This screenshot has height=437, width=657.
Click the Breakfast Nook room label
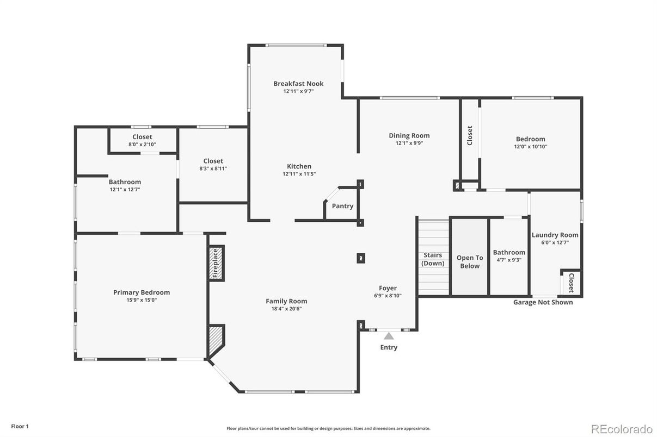click(298, 84)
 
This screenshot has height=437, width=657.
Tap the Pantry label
click(342, 206)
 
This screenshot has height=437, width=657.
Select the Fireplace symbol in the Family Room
click(216, 263)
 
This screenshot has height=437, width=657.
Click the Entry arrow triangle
click(389, 336)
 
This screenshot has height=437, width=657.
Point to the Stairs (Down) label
click(433, 259)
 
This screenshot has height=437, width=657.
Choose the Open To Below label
click(469, 262)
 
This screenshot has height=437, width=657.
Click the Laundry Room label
click(555, 235)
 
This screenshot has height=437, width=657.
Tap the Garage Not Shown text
click(543, 302)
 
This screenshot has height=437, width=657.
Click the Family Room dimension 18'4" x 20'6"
click(286, 309)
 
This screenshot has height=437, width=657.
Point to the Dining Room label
click(409, 136)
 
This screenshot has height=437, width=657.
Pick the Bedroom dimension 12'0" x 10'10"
click(530, 147)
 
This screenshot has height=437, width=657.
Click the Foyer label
click(388, 288)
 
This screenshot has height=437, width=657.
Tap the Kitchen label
click(299, 166)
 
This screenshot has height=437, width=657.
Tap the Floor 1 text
click(20, 427)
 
